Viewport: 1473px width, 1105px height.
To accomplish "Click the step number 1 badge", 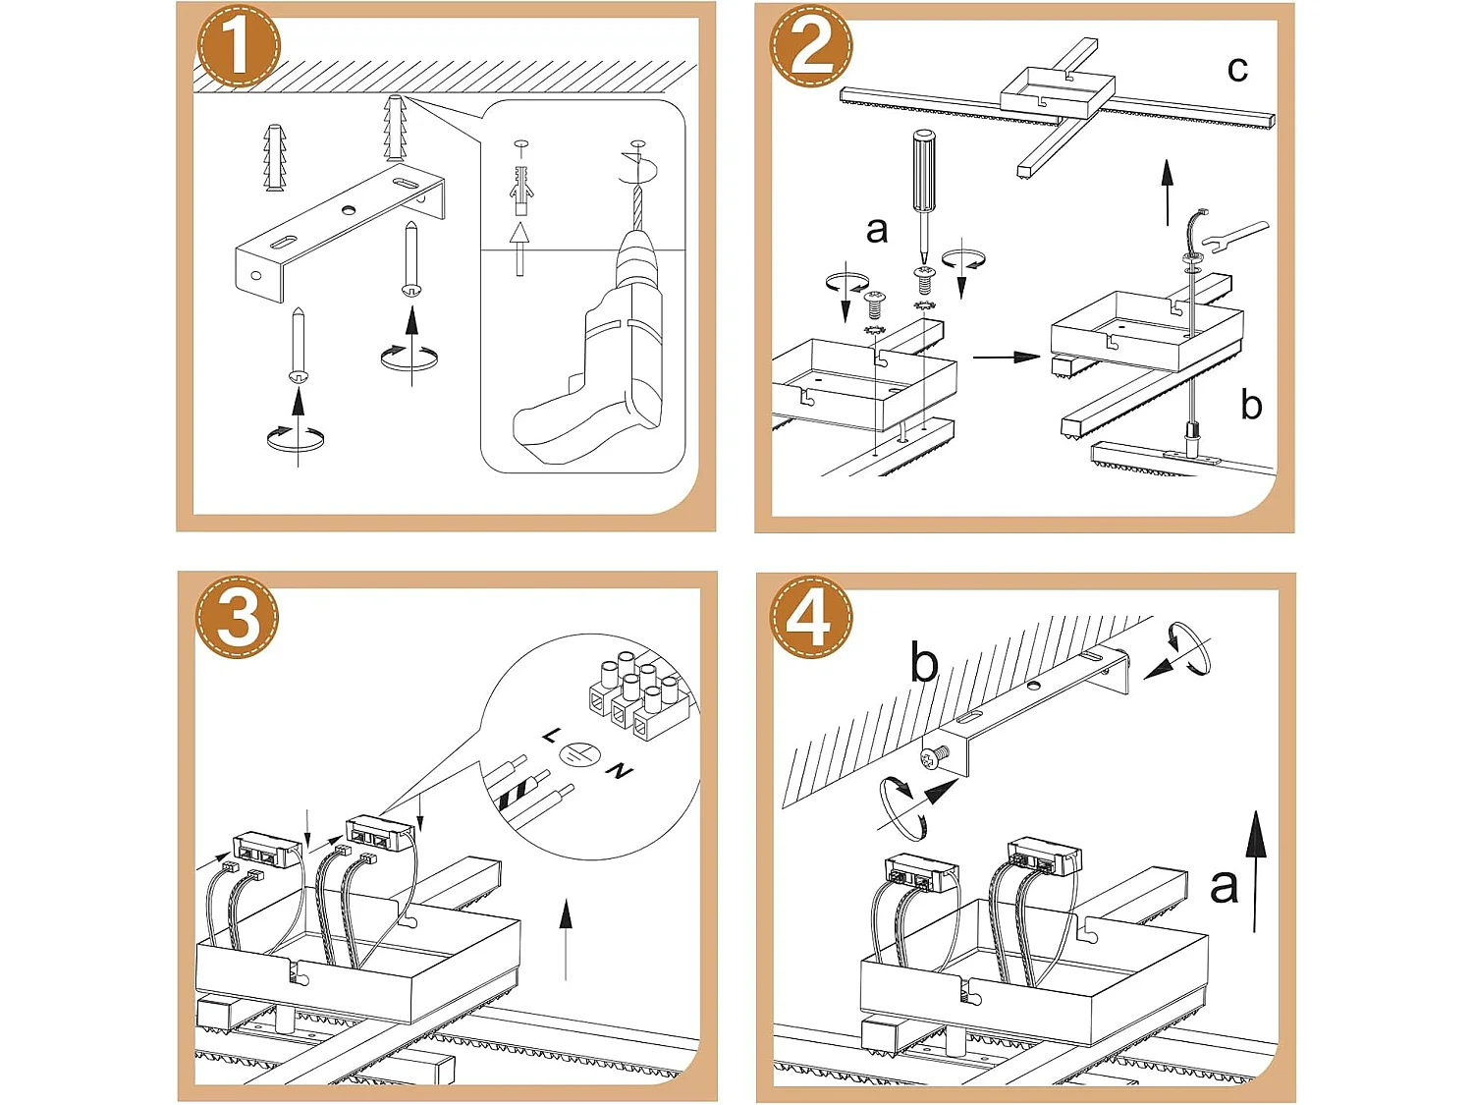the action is click(239, 46).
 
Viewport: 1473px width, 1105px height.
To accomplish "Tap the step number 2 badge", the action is click(811, 46).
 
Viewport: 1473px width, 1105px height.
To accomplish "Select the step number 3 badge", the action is click(237, 617).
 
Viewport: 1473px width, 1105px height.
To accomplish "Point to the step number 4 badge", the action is click(811, 617).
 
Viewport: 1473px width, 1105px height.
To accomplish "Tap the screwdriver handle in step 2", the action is click(923, 169).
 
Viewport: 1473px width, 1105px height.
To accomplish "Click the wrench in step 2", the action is click(1233, 237).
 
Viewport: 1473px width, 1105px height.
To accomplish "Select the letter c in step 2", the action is click(1236, 70).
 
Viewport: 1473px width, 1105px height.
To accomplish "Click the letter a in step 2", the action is click(876, 230).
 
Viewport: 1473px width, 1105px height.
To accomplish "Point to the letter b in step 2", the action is click(1250, 405).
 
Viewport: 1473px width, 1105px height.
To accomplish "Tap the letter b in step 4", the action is click(923, 662).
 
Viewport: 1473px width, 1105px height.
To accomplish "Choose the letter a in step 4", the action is click(1224, 886).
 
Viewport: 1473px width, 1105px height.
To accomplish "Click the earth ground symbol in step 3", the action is click(575, 754).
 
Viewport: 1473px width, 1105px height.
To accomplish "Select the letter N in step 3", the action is click(619, 771).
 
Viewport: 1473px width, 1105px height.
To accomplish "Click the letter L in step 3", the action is click(550, 736).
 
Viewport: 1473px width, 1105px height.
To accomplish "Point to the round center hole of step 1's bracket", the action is click(349, 210).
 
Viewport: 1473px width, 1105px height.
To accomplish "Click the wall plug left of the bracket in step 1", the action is click(274, 157).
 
